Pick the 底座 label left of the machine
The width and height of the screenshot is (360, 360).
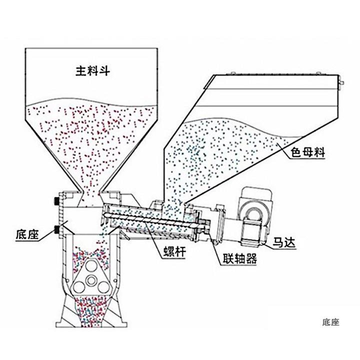[27, 234]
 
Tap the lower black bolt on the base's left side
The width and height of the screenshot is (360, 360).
[55, 229]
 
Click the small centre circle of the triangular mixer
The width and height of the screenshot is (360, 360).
[91, 281]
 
